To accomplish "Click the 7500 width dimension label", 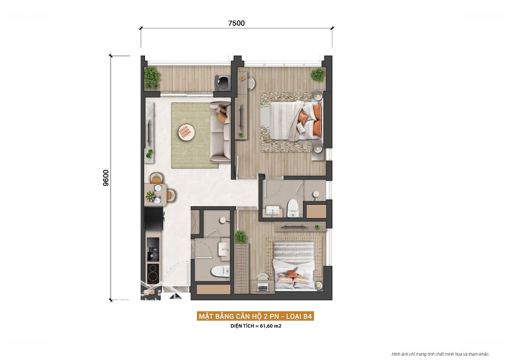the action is (x=237, y=23).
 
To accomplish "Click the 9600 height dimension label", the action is (x=106, y=178).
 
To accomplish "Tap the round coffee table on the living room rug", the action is (x=187, y=132).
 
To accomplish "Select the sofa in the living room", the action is (x=221, y=132).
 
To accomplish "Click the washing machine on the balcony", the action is (x=223, y=83).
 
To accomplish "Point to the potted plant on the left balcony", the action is (x=152, y=78).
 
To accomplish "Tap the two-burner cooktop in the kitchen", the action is (x=153, y=273).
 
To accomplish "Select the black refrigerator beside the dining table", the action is (x=154, y=218).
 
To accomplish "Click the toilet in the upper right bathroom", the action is (x=293, y=208).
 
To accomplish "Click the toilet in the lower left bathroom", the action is (x=220, y=271).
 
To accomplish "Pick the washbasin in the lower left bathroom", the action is (x=224, y=251).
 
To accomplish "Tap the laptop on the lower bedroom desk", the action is (x=263, y=287).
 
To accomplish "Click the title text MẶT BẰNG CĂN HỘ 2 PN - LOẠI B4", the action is (x=255, y=316).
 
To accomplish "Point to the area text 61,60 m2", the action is (x=270, y=326).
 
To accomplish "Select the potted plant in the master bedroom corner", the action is (x=317, y=75).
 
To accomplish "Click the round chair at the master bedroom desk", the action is (x=251, y=84).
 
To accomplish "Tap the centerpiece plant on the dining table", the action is (x=150, y=196).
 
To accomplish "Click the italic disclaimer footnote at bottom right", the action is (x=441, y=354).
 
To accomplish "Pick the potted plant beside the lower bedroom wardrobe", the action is (x=241, y=237).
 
